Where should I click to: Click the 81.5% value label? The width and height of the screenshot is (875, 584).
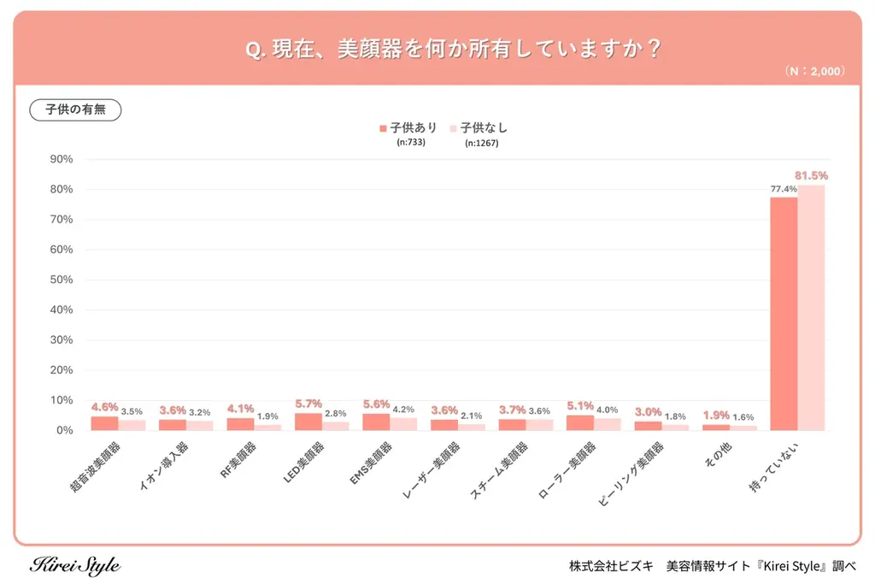812,175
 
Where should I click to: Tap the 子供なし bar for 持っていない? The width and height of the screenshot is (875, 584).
812,308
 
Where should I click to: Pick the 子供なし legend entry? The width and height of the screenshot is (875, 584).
479,128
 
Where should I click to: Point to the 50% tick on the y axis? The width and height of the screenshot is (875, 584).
62,280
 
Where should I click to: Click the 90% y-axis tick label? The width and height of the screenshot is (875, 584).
62,159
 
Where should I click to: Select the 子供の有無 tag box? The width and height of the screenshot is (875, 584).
75,110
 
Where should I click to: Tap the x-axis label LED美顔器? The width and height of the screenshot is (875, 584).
304,463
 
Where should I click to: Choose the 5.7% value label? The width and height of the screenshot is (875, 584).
308,404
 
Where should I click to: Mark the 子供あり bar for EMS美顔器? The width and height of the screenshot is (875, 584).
376,422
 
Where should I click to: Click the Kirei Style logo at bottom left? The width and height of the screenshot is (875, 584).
75,566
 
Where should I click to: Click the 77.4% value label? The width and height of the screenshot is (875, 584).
783,189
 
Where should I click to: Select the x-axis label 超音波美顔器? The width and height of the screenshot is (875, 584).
96,466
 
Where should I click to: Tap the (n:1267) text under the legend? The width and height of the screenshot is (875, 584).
482,143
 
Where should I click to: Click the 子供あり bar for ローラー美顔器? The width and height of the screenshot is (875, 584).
580,422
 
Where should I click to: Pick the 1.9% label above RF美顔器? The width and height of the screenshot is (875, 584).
267,416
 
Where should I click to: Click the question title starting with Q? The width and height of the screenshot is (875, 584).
453,49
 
